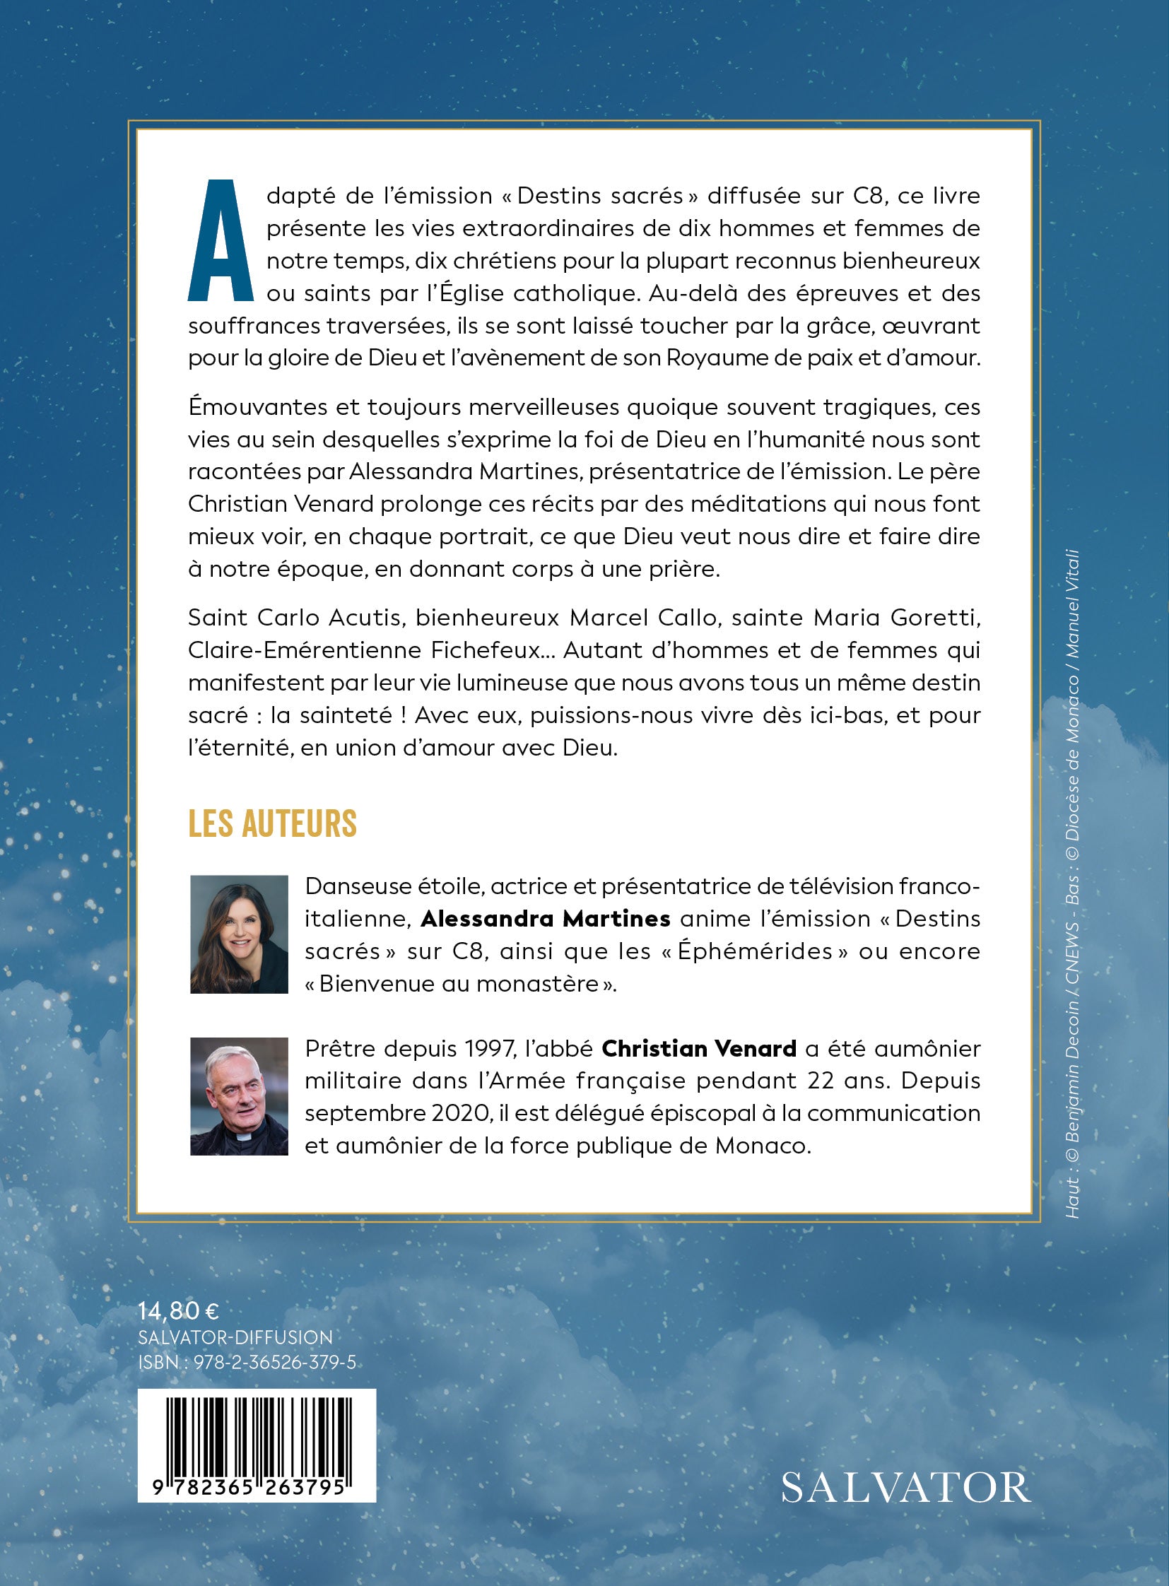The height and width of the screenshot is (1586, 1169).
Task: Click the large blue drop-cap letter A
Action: pyautogui.click(x=221, y=240)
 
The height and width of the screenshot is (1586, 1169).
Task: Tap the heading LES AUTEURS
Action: pyautogui.click(x=272, y=824)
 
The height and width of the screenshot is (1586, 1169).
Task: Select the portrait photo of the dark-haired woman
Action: pyautogui.click(x=239, y=934)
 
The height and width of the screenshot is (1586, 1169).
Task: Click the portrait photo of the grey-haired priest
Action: pyautogui.click(x=239, y=1096)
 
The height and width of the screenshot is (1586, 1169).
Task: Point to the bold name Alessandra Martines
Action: pyautogui.click(x=545, y=919)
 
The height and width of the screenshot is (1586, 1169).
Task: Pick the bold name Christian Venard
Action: pyautogui.click(x=699, y=1048)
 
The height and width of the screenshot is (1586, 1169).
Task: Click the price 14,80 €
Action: pyautogui.click(x=178, y=1311)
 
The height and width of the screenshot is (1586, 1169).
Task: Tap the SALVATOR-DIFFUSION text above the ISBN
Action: pyautogui.click(x=235, y=1338)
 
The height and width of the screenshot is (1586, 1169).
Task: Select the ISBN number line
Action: pyautogui.click(x=247, y=1363)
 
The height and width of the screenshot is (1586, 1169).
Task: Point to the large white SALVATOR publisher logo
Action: pyautogui.click(x=906, y=1488)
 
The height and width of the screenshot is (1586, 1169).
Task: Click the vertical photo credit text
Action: pyautogui.click(x=1072, y=885)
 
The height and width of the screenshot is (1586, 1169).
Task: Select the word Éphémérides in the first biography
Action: pyautogui.click(x=754, y=951)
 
